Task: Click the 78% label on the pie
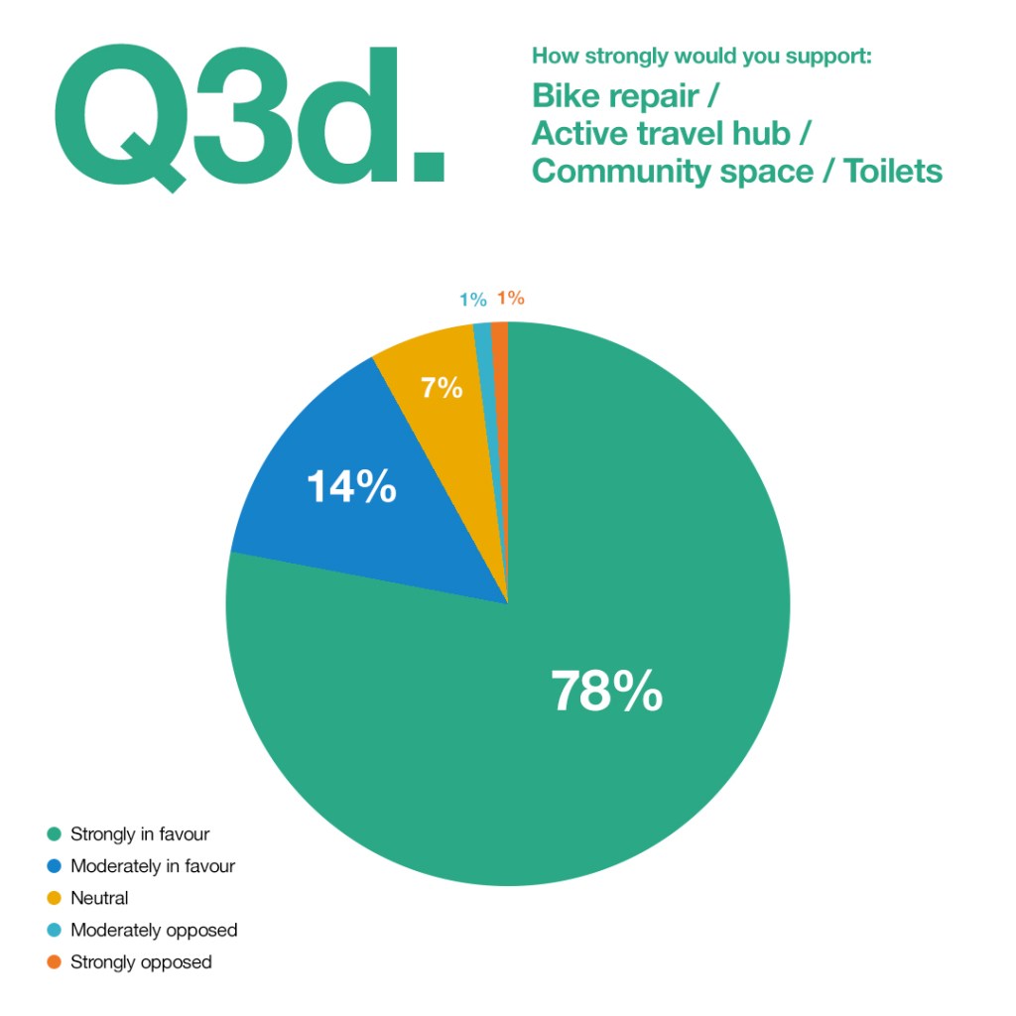click(x=606, y=692)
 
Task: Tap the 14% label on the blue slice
click(x=351, y=487)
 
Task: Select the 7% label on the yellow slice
click(x=442, y=388)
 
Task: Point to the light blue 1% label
click(x=472, y=300)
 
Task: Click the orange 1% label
click(x=511, y=298)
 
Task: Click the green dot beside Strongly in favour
click(x=55, y=834)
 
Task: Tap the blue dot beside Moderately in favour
click(x=55, y=866)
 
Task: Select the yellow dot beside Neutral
click(x=55, y=898)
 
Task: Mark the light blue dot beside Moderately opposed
click(x=55, y=931)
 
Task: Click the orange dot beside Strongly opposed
click(x=55, y=962)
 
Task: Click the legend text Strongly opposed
click(x=141, y=962)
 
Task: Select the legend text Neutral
click(x=99, y=898)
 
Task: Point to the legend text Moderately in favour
click(x=153, y=866)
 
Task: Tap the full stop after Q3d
click(x=428, y=164)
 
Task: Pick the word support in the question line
click(x=827, y=55)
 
